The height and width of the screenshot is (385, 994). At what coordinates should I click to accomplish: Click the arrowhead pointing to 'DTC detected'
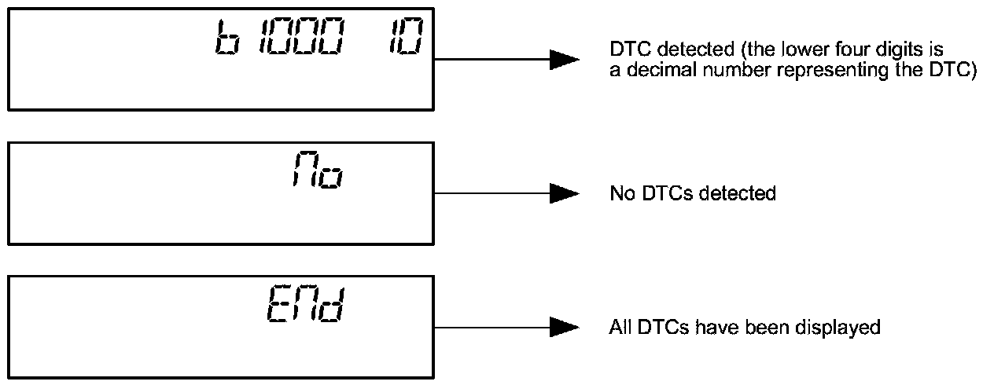click(x=563, y=60)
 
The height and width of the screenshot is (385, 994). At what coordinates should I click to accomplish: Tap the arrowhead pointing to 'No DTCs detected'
click(x=563, y=192)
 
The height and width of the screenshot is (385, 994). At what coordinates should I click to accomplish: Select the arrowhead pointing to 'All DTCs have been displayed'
click(x=563, y=326)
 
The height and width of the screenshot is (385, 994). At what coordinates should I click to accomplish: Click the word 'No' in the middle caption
click(x=619, y=193)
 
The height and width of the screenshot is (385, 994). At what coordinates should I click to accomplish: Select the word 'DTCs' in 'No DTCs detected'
click(x=659, y=193)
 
